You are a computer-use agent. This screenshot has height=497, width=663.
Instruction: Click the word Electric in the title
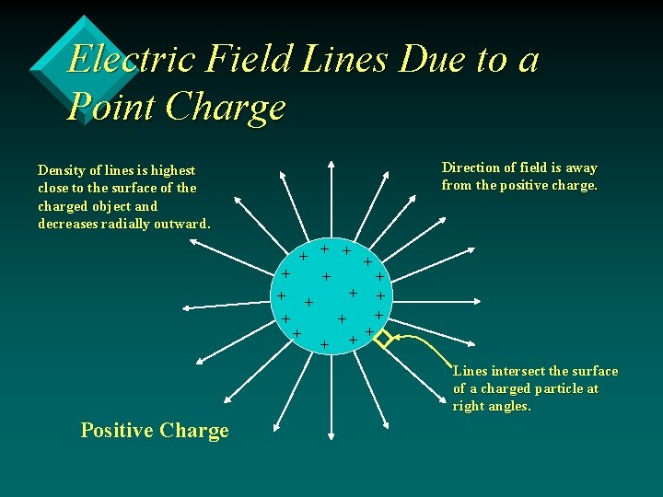click(132, 60)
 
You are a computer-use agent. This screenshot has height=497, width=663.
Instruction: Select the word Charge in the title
click(226, 108)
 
